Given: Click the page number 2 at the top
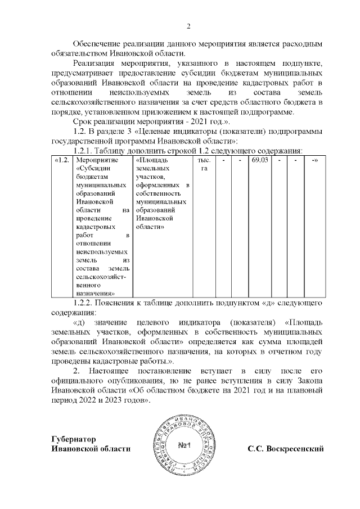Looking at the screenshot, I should click(189, 26).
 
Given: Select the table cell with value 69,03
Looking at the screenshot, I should click(259, 161).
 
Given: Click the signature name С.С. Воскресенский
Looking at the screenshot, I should click(287, 448).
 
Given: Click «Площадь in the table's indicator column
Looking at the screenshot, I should click(148, 161).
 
